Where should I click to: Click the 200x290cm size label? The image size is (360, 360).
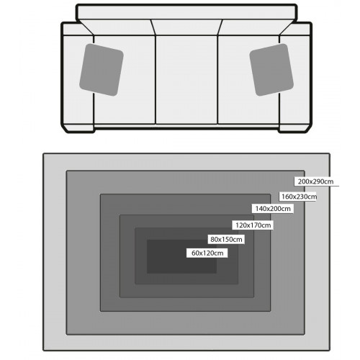(315, 181)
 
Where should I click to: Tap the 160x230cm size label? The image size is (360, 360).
(299, 197)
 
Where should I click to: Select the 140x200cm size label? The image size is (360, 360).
(273, 209)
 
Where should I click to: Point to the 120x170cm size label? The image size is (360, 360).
(253, 225)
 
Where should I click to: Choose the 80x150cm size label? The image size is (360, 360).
(226, 239)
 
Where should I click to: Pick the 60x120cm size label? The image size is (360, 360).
(207, 253)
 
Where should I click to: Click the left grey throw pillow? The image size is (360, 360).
(102, 70)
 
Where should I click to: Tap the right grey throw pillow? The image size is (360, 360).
(271, 70)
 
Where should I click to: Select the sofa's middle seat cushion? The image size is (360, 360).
(186, 80)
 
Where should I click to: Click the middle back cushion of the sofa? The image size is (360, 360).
(186, 27)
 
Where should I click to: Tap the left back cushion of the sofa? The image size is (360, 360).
(117, 27)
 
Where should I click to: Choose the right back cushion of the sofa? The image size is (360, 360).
(256, 27)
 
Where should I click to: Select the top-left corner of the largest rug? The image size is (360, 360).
(43, 153)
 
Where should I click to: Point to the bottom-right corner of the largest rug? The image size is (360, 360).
(330, 351)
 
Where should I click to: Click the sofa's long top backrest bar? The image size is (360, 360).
(186, 12)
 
